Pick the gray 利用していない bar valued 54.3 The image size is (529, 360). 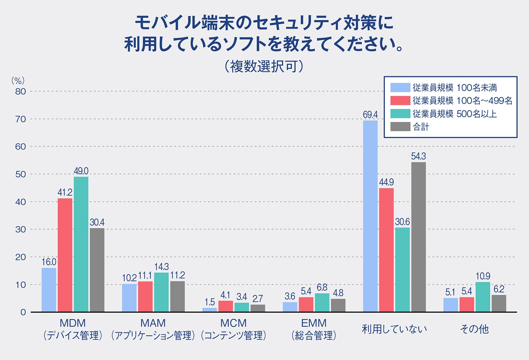[x=418, y=237]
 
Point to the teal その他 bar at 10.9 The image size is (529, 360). [x=483, y=297]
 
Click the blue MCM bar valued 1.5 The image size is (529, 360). [x=210, y=310]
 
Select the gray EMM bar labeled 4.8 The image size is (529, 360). [x=338, y=305]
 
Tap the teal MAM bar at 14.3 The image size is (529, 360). [x=162, y=292]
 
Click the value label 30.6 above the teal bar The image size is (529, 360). [x=402, y=222]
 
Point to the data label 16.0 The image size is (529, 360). [x=49, y=262]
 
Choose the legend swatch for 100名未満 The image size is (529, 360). [x=400, y=88]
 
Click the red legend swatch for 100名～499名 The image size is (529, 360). [x=400, y=101]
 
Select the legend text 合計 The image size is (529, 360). [x=421, y=127]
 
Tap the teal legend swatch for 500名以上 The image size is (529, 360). [x=400, y=114]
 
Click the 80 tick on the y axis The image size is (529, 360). [x=20, y=91]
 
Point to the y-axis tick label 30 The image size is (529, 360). [x=20, y=229]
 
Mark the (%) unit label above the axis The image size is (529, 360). [x=18, y=80]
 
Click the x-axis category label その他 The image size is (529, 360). [x=474, y=329]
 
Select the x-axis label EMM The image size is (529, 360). [x=314, y=323]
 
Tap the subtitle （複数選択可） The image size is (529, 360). [x=264, y=66]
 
